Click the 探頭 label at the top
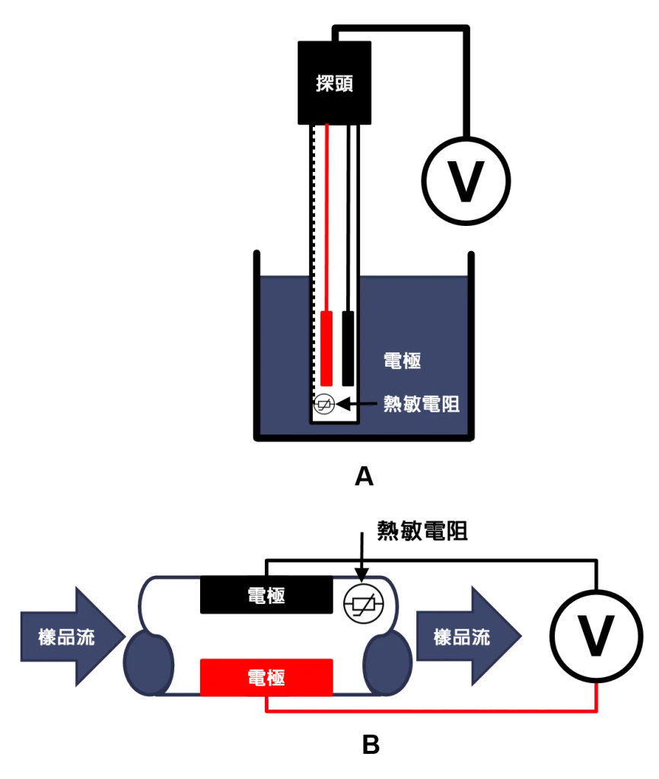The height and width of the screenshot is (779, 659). [334, 84]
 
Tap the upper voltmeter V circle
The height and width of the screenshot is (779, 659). [466, 182]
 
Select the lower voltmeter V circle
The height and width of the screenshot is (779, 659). [595, 636]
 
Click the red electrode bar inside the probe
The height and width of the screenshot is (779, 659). [326, 348]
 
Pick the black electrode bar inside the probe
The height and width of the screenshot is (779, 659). [348, 348]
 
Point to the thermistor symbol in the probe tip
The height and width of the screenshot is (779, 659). [324, 405]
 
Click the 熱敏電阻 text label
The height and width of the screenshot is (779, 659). [421, 404]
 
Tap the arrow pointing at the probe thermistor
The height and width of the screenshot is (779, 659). [358, 405]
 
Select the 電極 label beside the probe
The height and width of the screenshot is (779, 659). [402, 361]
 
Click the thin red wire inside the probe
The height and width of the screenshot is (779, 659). [326, 213]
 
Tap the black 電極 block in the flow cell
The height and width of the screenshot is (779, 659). [266, 596]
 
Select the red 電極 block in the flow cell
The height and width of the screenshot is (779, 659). [266, 677]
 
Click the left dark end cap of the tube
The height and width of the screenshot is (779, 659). [148, 664]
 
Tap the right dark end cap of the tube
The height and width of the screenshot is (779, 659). [387, 664]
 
